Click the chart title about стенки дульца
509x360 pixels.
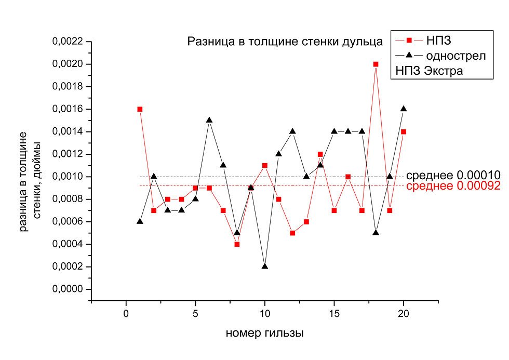[285, 42]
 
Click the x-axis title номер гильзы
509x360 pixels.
[264, 334]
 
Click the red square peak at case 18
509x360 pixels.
[376, 64]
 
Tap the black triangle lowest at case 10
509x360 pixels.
[265, 266]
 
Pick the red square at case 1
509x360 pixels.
[140, 109]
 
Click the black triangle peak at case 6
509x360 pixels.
[209, 120]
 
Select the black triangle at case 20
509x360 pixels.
[404, 109]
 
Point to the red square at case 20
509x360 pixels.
[404, 131]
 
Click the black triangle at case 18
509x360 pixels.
[376, 232]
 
